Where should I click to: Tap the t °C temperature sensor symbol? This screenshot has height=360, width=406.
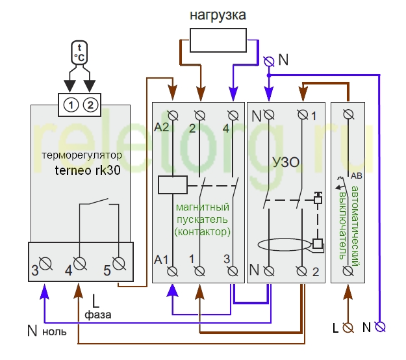[x=79, y=53]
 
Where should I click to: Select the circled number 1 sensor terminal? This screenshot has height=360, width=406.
[x=70, y=105]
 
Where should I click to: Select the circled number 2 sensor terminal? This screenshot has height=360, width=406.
[x=90, y=105]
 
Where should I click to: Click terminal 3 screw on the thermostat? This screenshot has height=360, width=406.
[x=46, y=264]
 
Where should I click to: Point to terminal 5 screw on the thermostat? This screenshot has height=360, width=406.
[x=119, y=264]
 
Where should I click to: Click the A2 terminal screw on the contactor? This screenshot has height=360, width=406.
[x=173, y=116]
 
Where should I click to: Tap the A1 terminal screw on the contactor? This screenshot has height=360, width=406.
[x=172, y=272]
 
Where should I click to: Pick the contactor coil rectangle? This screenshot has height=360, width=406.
[x=173, y=185]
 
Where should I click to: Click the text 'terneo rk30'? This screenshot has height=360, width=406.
[x=88, y=170]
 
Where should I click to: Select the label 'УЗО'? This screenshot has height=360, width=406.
[x=286, y=162]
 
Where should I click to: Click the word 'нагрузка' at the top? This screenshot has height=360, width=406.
[x=218, y=15]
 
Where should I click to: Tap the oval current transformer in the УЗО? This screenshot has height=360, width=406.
[x=284, y=245]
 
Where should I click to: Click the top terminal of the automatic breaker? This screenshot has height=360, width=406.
[x=348, y=114]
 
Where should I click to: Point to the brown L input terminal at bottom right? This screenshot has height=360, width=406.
[x=348, y=328]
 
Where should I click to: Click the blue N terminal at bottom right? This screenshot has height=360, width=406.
[x=380, y=327]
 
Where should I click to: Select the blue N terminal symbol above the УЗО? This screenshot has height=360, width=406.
[x=269, y=62]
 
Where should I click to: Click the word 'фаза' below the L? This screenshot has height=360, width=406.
[x=98, y=315]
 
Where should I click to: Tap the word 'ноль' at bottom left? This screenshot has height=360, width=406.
[x=55, y=332]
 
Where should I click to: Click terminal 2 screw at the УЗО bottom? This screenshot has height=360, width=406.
[x=301, y=272]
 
